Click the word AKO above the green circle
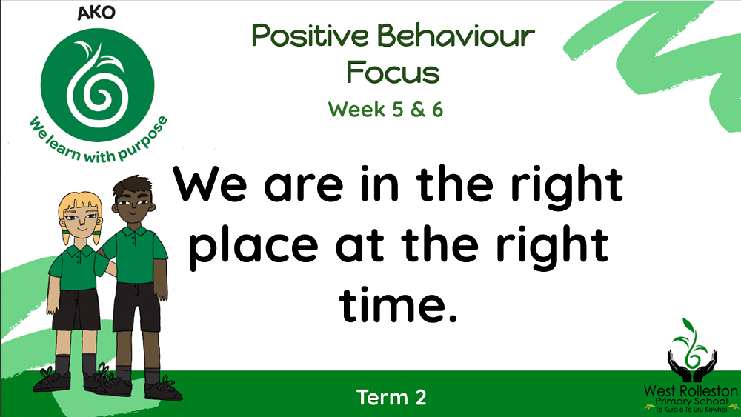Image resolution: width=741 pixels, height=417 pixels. (x=96, y=13)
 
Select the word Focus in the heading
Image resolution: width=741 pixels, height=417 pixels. (x=393, y=73)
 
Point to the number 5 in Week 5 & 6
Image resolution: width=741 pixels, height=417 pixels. (x=398, y=110)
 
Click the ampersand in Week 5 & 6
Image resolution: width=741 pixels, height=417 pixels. (x=418, y=110)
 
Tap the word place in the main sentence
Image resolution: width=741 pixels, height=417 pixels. (x=253, y=246)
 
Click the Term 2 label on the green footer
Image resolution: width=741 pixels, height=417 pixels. (x=391, y=397)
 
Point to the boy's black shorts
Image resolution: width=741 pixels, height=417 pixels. (x=136, y=306)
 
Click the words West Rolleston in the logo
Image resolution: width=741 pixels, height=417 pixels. (x=691, y=390)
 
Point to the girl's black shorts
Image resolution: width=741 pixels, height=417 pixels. (x=76, y=310)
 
